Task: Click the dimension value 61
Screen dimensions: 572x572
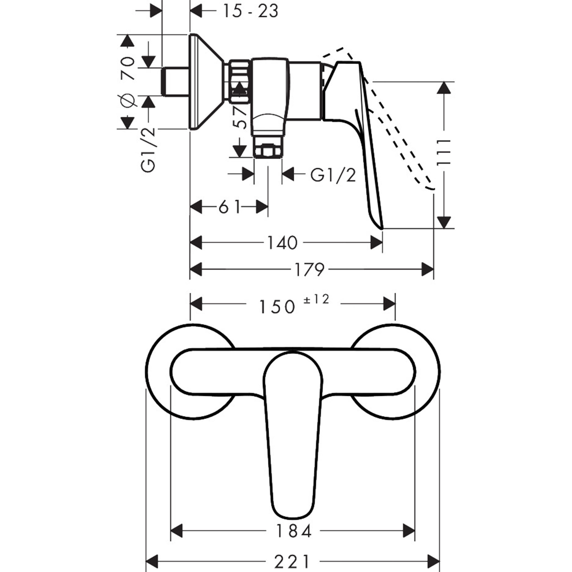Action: pyautogui.click(x=229, y=207)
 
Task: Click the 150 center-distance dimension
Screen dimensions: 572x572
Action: pyautogui.click(x=277, y=307)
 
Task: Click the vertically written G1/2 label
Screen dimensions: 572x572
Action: pyautogui.click(x=148, y=149)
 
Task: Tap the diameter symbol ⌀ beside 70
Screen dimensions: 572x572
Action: pyautogui.click(x=127, y=101)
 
